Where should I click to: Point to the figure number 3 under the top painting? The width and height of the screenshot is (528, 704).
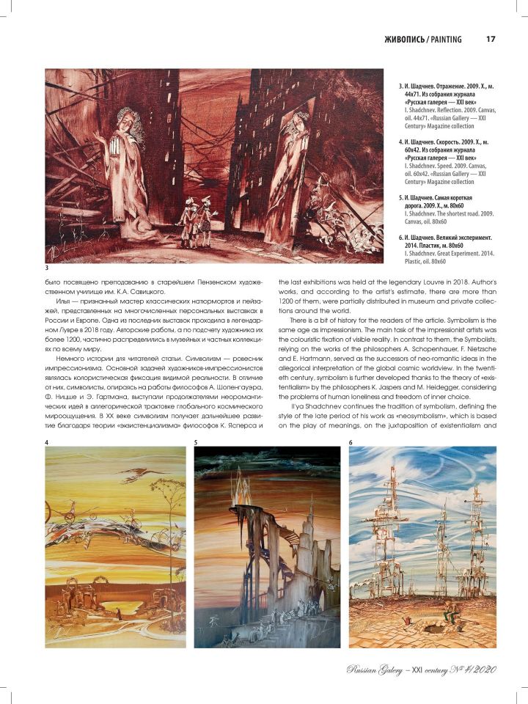pos(47,268)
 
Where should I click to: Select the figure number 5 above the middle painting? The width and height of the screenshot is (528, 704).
pos(196,442)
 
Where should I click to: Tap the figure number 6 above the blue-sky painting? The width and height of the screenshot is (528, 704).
pos(351,442)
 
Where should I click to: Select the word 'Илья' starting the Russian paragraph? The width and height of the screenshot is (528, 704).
pos(54,301)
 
